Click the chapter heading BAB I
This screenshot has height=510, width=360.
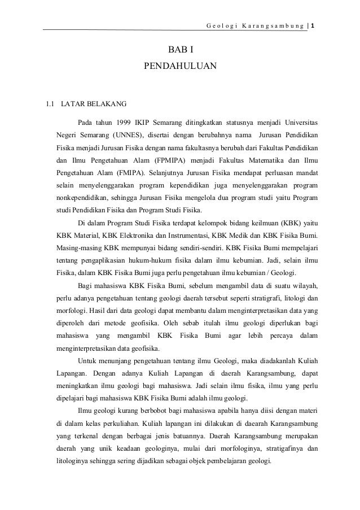[180, 54]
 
